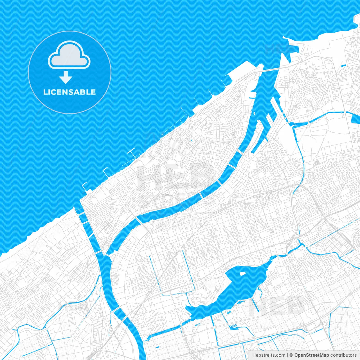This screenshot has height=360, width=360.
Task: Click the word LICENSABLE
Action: (x=69, y=92)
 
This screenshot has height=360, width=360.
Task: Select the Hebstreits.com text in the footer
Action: (x=269, y=355)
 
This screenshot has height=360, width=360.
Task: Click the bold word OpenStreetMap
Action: (x=312, y=355)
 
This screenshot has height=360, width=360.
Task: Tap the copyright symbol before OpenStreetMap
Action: (x=291, y=355)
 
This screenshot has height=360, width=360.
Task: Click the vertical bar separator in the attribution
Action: (x=287, y=355)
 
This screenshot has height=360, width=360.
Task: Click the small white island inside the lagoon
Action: (x=242, y=273)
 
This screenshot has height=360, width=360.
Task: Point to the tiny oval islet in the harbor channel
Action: (x=254, y=114)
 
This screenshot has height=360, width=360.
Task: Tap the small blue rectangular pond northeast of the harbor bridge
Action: (x=343, y=66)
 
